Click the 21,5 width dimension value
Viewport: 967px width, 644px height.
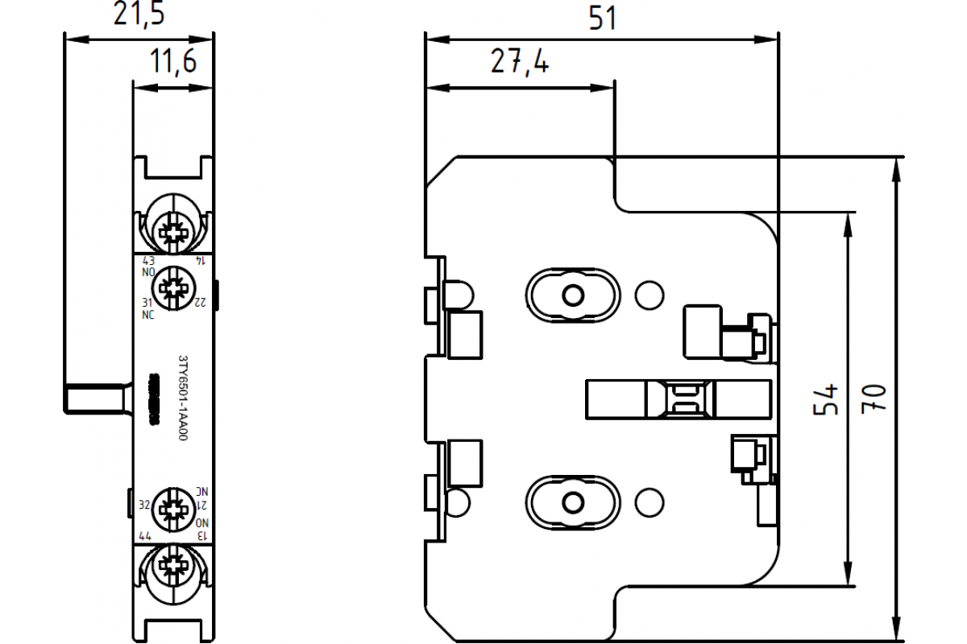click(138, 15)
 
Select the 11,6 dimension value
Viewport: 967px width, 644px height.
click(173, 61)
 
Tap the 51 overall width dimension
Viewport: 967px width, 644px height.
click(602, 17)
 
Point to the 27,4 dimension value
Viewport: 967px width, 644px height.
click(520, 61)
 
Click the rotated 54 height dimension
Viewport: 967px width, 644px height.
click(826, 398)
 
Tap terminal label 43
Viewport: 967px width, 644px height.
click(148, 261)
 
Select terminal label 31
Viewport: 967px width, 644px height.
click(147, 303)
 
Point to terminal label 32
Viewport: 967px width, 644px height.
click(145, 505)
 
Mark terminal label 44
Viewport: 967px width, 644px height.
click(146, 535)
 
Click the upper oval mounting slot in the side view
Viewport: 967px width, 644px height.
click(573, 295)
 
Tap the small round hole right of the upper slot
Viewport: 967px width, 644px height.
click(649, 295)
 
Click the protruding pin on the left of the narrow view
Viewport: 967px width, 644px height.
click(94, 398)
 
